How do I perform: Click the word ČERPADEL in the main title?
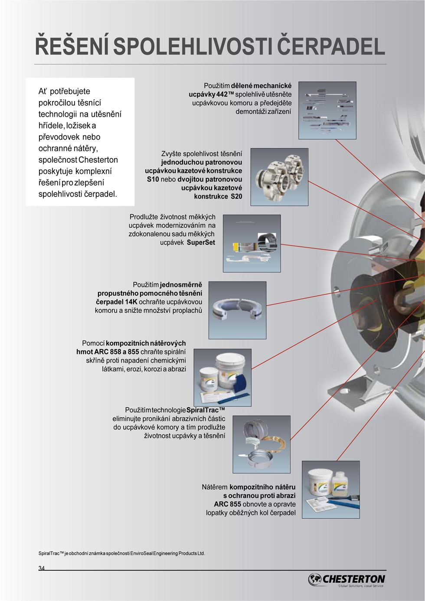pyautogui.click(x=331, y=46)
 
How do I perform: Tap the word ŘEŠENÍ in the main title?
pyautogui.click(x=72, y=46)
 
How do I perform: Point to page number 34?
pyautogui.click(x=42, y=568)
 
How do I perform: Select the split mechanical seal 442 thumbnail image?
pyautogui.click(x=327, y=110)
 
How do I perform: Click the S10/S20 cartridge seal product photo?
pyautogui.click(x=279, y=177)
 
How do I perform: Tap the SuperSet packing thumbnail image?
pyautogui.click(x=252, y=243)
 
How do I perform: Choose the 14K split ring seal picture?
pyautogui.click(x=238, y=310)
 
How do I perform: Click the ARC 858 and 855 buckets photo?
pyautogui.click(x=222, y=378)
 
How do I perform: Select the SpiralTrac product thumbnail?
pyautogui.click(x=262, y=444)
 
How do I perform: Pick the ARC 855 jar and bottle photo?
pyautogui.click(x=330, y=490)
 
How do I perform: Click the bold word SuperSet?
pyautogui.click(x=201, y=242)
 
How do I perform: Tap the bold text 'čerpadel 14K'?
pyautogui.click(x=117, y=302)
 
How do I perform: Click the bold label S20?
pyautogui.click(x=236, y=196)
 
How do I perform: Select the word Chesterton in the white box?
pyautogui.click(x=98, y=160)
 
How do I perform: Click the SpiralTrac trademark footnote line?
pyautogui.click(x=121, y=553)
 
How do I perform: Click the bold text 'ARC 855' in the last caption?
pyautogui.click(x=228, y=504)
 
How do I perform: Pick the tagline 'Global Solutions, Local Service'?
pyautogui.click(x=361, y=586)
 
